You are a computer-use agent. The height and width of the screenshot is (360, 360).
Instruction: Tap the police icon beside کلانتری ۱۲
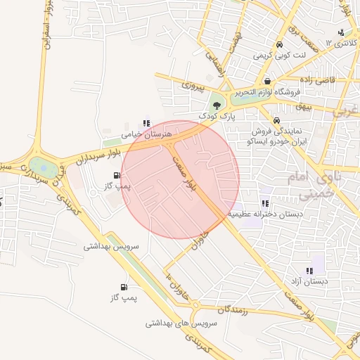[x=341, y=32]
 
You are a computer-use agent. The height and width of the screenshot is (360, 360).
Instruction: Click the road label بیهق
[x=303, y=106]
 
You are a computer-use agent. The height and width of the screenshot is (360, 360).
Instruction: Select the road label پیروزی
[x=191, y=87]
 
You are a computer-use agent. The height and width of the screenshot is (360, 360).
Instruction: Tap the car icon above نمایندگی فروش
[x=277, y=120]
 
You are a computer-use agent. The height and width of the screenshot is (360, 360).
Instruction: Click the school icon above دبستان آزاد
[x=309, y=271]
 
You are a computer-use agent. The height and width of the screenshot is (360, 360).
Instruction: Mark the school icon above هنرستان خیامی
[x=146, y=123]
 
